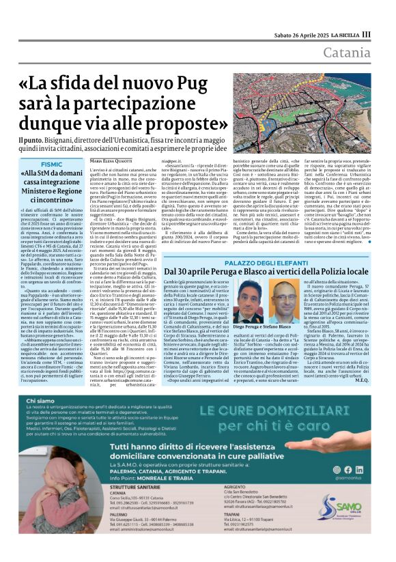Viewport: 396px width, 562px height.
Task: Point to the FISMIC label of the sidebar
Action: coord(53,165)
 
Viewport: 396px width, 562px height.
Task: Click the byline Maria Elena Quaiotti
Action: coord(113,160)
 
